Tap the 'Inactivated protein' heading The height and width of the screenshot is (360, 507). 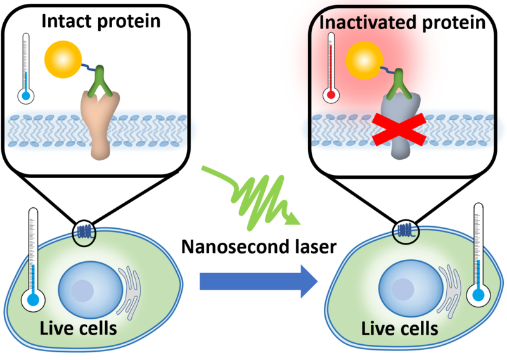(x=406, y=23)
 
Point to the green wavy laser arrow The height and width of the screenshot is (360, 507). (x=254, y=196)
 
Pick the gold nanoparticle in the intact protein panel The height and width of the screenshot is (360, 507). (x=63, y=61)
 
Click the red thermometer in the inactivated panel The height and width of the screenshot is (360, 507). (x=330, y=70)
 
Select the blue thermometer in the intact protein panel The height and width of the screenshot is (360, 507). (x=25, y=70)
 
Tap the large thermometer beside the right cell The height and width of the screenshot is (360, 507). (x=479, y=257)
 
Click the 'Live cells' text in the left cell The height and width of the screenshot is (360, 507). (x=78, y=330)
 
